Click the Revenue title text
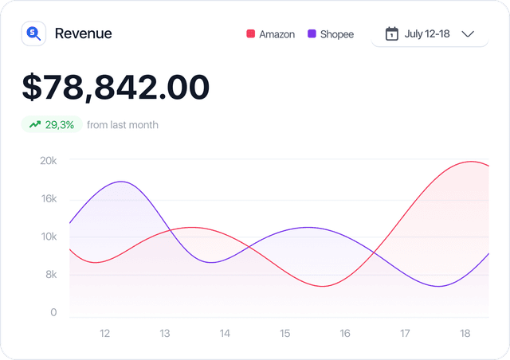pos(83,33)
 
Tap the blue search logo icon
pos(33,33)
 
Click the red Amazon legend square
pos(250,34)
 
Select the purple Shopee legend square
pos(312,34)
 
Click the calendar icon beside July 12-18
pos(391,33)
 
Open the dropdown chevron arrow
pos(468,33)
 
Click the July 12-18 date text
pos(428,33)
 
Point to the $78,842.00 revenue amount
pos(116,87)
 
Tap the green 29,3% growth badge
pos(52,124)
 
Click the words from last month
pos(123,124)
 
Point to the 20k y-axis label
pos(49,160)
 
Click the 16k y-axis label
pos(49,198)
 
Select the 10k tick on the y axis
pos(49,237)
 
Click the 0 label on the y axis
pos(53,312)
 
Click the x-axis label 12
pos(104,333)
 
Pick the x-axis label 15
pos(284,333)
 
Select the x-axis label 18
pos(465,333)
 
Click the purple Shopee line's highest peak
pos(121,182)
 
